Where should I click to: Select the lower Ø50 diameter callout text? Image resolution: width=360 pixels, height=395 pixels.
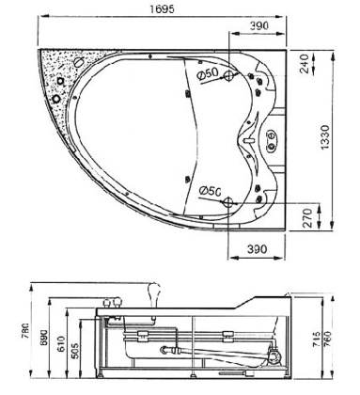[x=209, y=191]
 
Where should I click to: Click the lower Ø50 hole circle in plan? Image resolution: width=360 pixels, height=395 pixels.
[x=227, y=193]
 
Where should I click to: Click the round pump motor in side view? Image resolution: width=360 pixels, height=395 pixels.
[x=274, y=356]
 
